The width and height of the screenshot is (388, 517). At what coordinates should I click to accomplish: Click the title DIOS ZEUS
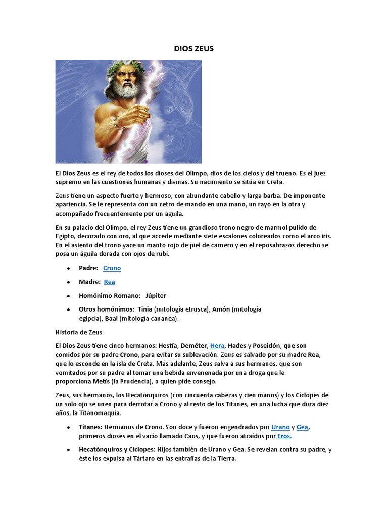pos(193,49)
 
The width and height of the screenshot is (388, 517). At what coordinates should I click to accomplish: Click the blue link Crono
pos(112,268)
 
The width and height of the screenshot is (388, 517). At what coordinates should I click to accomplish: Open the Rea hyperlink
pos(109,282)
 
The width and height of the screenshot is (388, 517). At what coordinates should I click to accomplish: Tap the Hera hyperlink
pos(217,346)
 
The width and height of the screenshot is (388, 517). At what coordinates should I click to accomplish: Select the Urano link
pos(280,427)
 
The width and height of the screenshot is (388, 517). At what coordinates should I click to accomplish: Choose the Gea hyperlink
pos(302,427)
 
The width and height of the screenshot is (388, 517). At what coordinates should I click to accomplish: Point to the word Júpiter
pos(155,295)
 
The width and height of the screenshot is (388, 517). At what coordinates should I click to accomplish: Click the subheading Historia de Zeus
pos(78,332)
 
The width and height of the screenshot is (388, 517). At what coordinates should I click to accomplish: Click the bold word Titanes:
pos(92,427)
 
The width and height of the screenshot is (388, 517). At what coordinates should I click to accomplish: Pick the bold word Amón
pos(220,309)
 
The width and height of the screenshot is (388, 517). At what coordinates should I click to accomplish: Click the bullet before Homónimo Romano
pos(68,296)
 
